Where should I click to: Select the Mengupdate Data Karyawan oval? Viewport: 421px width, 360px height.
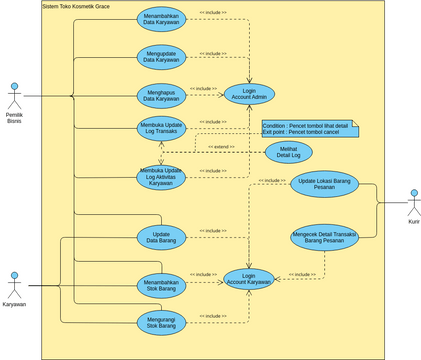point(161,57)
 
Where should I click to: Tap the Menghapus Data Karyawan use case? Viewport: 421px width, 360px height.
point(161,95)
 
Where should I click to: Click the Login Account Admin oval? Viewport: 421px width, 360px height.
point(249,94)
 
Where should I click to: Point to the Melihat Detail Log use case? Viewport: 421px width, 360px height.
point(288,152)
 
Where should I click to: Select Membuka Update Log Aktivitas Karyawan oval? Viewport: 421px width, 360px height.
point(161,176)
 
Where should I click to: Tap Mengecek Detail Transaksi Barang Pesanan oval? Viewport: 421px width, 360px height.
point(324,237)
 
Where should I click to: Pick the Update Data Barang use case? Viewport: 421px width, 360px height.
point(161,237)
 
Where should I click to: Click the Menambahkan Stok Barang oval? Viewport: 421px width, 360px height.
point(161,285)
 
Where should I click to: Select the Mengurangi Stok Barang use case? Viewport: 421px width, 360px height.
point(161,322)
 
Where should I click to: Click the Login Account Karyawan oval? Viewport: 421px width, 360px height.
point(249,280)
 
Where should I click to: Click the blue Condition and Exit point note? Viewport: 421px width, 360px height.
point(308,129)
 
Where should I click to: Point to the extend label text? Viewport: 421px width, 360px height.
point(222,147)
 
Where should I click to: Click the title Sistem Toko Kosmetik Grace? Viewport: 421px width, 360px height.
point(76,6)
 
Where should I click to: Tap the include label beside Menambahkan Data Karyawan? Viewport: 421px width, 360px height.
point(213,13)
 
